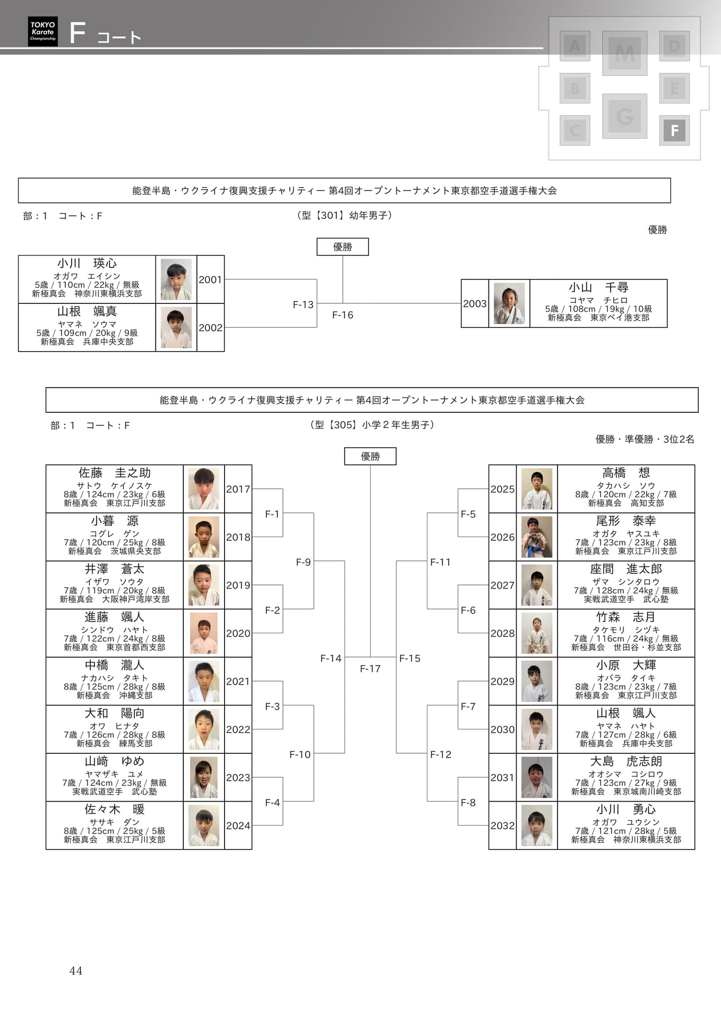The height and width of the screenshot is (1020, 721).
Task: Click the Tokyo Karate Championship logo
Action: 43,31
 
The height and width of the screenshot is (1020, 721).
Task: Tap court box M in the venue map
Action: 624,53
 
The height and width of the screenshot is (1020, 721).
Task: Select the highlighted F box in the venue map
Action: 674,130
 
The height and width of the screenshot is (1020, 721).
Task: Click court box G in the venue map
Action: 624,116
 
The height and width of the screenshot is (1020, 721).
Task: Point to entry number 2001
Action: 210,279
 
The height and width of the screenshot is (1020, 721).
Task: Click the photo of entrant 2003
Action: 509,303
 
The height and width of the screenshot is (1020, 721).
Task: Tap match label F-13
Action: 303,304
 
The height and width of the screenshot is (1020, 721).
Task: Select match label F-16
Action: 342,315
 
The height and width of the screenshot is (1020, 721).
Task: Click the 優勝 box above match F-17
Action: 370,456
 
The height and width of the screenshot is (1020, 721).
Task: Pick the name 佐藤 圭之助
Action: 115,473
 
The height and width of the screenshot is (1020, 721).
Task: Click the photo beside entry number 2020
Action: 204,633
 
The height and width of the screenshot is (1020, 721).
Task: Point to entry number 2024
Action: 238,826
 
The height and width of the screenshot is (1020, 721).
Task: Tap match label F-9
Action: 303,562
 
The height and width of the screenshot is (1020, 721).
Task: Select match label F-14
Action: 331,658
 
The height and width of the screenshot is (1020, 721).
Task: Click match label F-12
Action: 441,754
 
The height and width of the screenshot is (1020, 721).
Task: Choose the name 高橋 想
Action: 626,473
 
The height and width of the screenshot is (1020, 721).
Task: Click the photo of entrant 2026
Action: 537,537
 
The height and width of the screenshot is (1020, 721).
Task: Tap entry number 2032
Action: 502,826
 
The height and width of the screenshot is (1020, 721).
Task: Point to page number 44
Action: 76,971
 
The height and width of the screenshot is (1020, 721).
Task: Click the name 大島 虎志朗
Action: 626,761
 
